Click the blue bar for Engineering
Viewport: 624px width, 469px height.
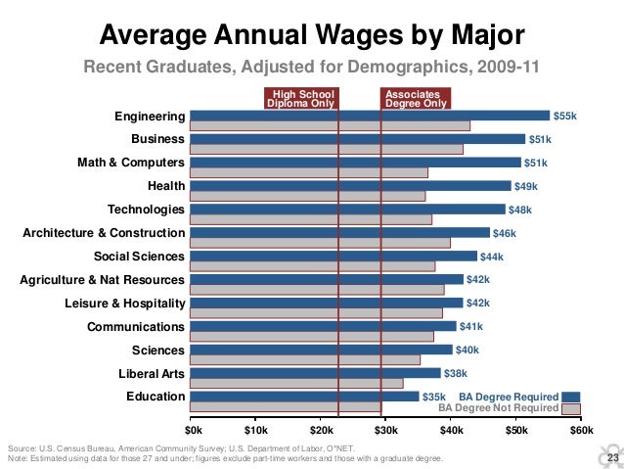point(370,115)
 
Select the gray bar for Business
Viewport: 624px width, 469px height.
point(326,149)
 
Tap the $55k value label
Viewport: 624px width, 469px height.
point(565,116)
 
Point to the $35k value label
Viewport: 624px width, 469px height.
point(433,397)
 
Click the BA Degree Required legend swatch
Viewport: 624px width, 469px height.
point(572,397)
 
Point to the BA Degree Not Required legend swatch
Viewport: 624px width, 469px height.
point(572,408)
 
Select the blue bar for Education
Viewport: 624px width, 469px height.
point(304,397)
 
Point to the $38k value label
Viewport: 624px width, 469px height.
point(456,373)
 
